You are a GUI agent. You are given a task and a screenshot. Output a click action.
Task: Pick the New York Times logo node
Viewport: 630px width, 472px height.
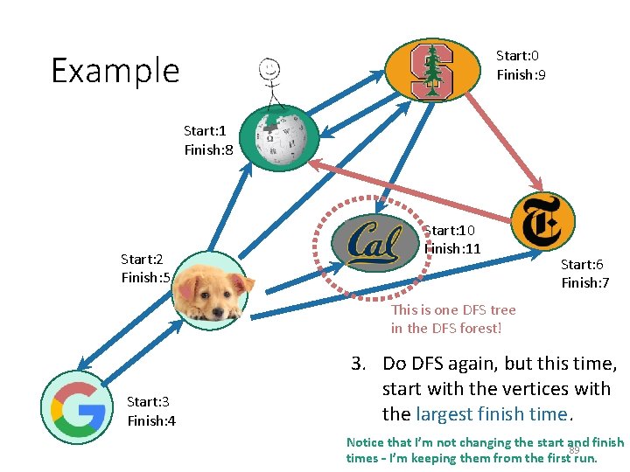coord(542,221)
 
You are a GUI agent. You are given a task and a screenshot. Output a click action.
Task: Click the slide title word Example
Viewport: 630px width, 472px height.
coord(115,70)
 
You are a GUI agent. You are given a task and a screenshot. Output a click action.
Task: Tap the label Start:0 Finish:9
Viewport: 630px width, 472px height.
coord(521,65)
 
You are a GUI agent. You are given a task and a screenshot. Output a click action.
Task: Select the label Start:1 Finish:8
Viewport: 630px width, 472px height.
coord(208,140)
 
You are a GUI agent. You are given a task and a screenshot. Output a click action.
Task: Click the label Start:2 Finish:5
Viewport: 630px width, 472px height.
coord(145,268)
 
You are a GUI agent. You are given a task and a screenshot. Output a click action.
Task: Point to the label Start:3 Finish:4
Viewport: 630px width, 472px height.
coord(151,411)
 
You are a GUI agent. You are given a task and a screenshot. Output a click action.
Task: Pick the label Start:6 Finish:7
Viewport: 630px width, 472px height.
coord(585,273)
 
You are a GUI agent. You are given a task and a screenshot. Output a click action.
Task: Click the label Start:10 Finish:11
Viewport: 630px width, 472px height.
coord(451,239)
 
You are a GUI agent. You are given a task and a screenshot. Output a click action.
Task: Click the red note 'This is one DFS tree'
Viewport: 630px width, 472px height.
coord(453,309)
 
